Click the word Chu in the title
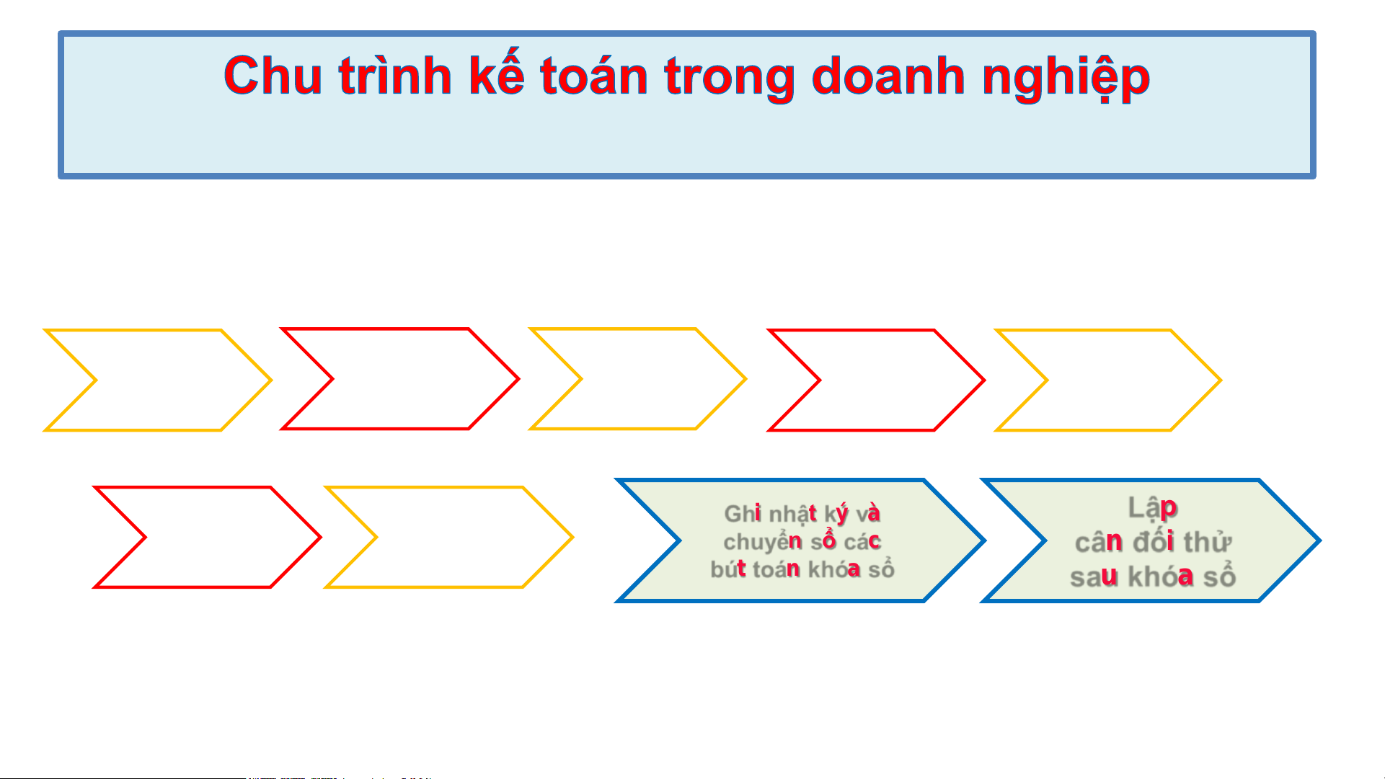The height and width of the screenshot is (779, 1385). [x=273, y=76]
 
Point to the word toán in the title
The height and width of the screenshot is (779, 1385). [x=594, y=75]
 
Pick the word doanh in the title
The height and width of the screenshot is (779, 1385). [x=888, y=75]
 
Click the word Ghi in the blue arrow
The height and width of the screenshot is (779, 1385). [x=743, y=514]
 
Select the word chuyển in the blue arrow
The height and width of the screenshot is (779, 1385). [x=763, y=542]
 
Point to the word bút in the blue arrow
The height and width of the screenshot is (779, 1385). [x=728, y=569]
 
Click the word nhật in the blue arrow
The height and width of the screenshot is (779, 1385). [x=793, y=515]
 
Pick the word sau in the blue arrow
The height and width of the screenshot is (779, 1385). [x=1094, y=577]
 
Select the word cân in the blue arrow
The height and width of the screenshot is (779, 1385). [x=1099, y=541]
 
